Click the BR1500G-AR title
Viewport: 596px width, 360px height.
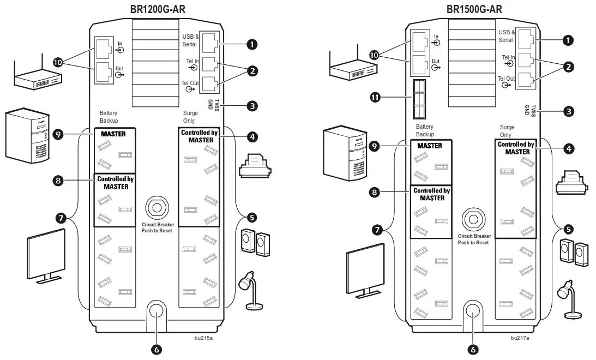pos(474,9)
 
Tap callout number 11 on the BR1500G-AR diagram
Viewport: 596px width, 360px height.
pos(376,98)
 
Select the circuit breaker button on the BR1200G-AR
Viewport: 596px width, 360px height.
pos(157,208)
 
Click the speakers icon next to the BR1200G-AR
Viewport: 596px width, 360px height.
pos(256,242)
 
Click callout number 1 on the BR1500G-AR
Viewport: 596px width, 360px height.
pos(568,40)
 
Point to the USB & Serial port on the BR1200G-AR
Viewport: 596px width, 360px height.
pos(209,41)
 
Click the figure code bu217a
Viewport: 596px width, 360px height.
pos(520,338)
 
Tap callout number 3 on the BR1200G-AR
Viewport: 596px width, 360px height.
pos(251,106)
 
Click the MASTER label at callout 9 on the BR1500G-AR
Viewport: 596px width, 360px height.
pos(429,146)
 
